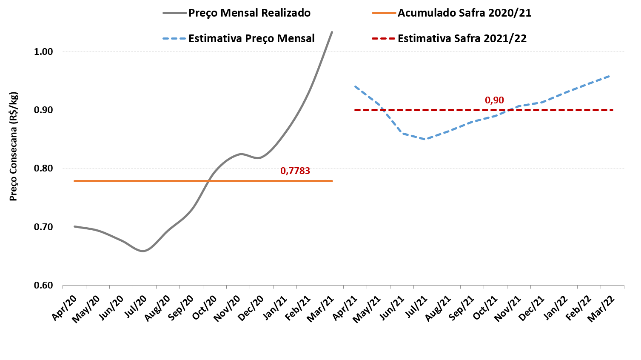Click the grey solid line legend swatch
click(174, 13)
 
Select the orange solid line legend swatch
click(384, 13)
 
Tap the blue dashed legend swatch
click(174, 39)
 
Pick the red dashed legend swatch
click(384, 39)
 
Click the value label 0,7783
click(295, 171)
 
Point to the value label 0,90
click(494, 100)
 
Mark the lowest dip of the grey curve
click(142, 251)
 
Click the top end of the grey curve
click(332, 31)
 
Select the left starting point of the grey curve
click(74, 226)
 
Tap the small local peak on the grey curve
click(242, 154)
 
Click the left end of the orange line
click(74, 181)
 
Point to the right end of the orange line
click(333, 181)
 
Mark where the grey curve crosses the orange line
click(208, 181)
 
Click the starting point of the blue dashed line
click(355, 86)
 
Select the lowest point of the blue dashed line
click(425, 139)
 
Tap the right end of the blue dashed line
click(610, 76)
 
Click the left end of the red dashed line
click(355, 110)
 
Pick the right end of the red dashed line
click(613, 110)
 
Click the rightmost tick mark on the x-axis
click(624, 287)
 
